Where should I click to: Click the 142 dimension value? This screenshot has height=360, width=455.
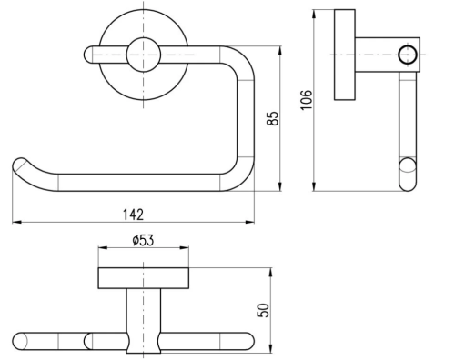(x=133, y=215)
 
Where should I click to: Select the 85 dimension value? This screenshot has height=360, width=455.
(x=272, y=118)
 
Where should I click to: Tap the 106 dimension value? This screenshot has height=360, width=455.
(x=306, y=100)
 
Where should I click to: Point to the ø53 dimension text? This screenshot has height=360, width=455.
(x=143, y=240)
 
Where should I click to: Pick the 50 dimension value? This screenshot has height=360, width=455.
(x=263, y=310)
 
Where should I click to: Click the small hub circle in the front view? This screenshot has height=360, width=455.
(x=143, y=55)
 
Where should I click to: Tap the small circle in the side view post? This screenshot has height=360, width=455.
(x=408, y=55)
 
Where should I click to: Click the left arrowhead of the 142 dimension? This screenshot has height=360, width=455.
(x=16, y=223)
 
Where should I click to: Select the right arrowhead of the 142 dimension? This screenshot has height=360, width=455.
(x=250, y=223)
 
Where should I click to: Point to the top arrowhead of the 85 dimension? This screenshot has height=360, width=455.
(x=280, y=51)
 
